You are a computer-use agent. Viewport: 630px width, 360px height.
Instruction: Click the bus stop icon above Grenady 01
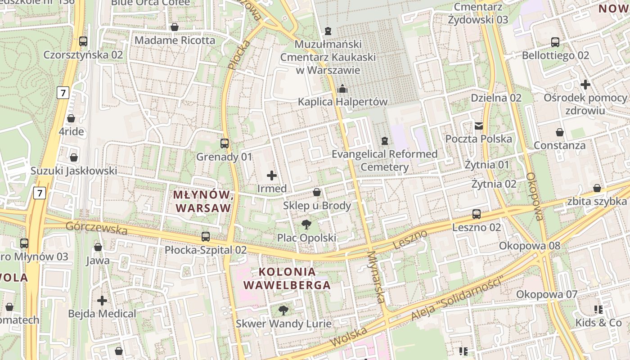point(225,144)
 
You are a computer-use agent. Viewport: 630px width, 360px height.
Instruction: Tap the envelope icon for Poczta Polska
point(478,126)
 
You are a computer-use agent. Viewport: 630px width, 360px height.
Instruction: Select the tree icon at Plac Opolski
point(306,224)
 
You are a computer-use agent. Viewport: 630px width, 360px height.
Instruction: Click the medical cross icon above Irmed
point(272,175)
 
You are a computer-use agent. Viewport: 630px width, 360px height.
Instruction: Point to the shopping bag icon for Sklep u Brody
point(317,193)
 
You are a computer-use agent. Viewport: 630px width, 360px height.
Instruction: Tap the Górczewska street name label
point(96,228)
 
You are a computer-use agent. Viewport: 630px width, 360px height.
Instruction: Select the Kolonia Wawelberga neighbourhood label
point(287,278)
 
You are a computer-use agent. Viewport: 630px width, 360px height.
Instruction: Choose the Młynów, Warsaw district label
point(203,201)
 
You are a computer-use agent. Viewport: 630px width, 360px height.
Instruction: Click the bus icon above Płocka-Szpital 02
point(206,236)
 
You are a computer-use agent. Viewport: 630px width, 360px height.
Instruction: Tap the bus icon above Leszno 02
point(477,214)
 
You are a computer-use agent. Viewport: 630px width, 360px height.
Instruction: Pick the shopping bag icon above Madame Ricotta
point(175,27)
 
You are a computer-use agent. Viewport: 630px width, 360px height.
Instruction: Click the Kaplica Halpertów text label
point(342,102)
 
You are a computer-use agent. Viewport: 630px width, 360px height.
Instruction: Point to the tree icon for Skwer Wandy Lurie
point(283,310)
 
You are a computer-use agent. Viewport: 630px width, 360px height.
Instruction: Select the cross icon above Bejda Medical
point(102,300)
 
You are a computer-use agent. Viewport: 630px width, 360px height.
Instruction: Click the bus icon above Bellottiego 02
point(555,42)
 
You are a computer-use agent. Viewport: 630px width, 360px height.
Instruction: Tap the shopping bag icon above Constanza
point(560,132)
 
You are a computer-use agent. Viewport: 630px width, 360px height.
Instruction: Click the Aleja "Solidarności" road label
point(456,299)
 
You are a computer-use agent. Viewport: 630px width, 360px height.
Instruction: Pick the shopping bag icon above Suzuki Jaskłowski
point(74,157)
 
